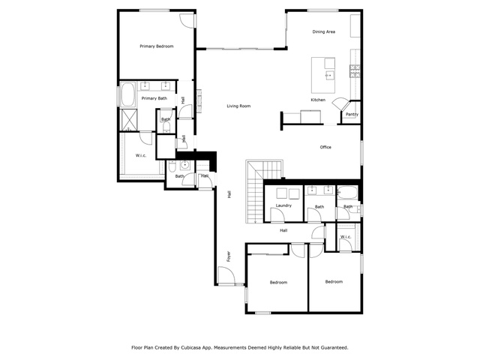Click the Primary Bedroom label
click(x=157, y=46)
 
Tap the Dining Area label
click(x=323, y=31)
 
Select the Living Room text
click(x=238, y=106)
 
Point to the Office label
click(x=325, y=147)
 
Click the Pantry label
click(x=352, y=114)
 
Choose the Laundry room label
click(x=283, y=205)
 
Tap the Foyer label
click(x=228, y=256)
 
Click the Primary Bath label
click(x=154, y=98)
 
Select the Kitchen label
click(x=318, y=100)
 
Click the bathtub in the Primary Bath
click(x=128, y=94)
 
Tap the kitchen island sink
click(x=330, y=75)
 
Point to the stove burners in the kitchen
click(x=355, y=71)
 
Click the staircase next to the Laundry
click(x=255, y=191)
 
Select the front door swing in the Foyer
click(x=226, y=275)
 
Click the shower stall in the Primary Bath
click(x=128, y=119)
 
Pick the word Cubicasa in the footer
click(x=191, y=348)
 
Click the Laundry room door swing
click(x=277, y=214)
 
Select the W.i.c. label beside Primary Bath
click(x=141, y=155)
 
